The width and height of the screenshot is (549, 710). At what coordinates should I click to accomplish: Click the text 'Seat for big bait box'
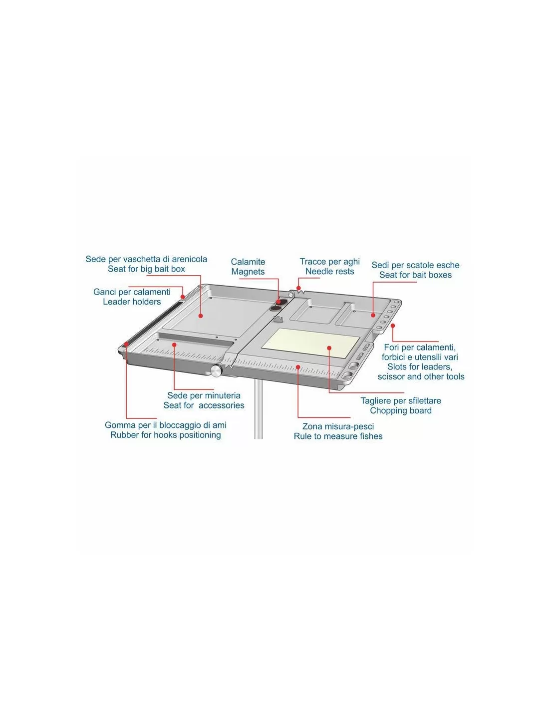coord(146,269)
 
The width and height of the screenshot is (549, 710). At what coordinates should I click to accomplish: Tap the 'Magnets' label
coord(248,272)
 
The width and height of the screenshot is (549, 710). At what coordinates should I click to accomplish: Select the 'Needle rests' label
coord(329,271)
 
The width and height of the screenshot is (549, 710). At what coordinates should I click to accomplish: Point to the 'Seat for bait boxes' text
coord(415,275)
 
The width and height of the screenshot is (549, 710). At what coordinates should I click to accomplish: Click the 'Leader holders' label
coord(132,302)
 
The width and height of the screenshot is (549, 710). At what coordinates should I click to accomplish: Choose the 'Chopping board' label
coord(401,411)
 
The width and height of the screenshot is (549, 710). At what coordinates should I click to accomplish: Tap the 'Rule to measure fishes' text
coord(338,436)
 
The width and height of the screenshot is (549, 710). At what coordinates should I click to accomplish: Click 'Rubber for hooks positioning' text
coord(166,435)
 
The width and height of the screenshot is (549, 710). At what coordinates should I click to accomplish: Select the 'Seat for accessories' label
coord(204,405)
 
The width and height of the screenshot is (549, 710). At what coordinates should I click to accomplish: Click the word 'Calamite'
coord(248,262)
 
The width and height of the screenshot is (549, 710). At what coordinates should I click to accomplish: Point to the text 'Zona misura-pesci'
coord(338,426)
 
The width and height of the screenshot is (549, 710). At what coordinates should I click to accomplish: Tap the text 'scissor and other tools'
coord(421,377)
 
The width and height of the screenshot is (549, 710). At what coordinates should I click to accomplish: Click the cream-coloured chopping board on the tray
coord(310,344)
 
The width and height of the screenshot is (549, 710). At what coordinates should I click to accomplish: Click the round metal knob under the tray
coord(216,371)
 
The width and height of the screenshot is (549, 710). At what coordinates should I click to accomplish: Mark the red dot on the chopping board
coord(329,349)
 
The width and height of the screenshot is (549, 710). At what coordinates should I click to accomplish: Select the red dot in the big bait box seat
coord(201,316)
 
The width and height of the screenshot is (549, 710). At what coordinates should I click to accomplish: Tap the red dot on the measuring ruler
coord(298,367)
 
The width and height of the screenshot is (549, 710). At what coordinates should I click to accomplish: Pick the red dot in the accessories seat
coord(174,345)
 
